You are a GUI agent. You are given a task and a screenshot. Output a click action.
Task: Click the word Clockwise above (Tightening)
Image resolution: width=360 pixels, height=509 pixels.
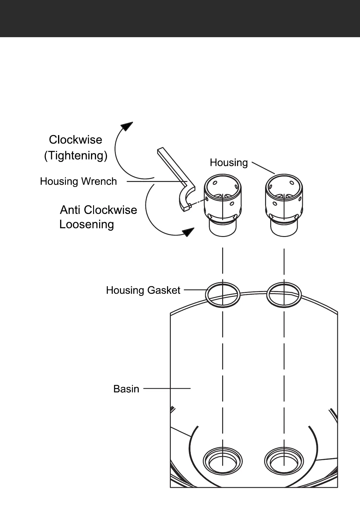(76, 140)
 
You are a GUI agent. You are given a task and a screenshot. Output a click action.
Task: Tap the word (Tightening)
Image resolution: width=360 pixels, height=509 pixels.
(76, 156)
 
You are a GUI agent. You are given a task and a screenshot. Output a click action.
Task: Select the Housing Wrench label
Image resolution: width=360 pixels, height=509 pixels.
(78, 181)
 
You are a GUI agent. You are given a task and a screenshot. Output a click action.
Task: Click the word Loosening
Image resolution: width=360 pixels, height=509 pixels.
(87, 224)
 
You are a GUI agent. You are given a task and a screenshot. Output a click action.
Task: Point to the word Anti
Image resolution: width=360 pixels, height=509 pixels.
(71, 210)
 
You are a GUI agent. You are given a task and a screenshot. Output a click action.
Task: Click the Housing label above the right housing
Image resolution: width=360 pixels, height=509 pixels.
(229, 163)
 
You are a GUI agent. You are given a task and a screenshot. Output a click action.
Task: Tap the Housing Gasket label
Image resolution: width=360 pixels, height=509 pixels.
(143, 290)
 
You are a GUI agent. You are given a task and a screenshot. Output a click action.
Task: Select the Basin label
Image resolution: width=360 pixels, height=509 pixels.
(126, 389)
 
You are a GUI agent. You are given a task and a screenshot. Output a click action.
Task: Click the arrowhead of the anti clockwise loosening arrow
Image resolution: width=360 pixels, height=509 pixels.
(188, 232)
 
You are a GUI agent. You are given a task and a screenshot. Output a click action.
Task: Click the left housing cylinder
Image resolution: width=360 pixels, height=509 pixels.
(222, 199)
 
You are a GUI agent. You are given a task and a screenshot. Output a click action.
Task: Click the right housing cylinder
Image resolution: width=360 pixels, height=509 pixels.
(284, 199)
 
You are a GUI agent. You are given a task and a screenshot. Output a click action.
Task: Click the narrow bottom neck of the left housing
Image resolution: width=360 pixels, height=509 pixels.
(222, 230)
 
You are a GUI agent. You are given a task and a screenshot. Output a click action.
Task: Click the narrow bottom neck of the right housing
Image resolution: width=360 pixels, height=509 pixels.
(284, 230)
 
